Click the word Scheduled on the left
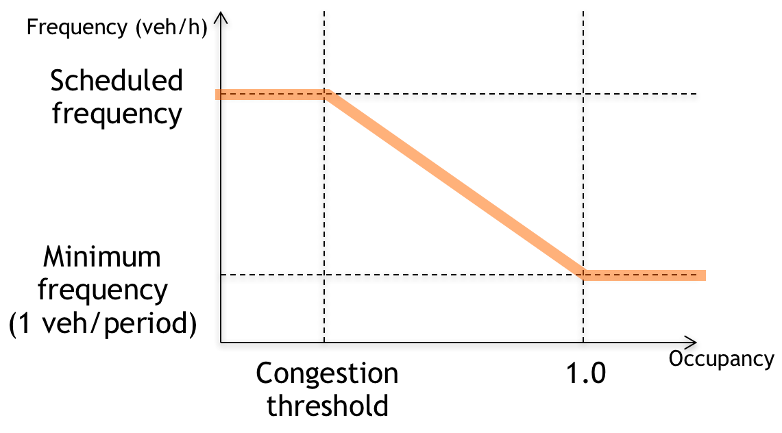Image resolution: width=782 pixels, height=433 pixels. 117,82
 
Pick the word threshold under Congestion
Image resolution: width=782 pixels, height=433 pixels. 327,406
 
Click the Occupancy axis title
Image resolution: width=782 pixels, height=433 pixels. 721,359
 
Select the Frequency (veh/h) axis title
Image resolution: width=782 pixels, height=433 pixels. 116,29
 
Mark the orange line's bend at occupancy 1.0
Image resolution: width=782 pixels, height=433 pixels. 583,275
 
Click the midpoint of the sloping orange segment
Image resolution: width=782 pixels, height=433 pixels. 455,185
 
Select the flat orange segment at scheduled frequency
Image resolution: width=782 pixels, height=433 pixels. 271,95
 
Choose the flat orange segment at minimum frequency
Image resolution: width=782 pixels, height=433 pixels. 644,275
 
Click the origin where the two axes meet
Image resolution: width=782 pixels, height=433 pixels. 220,341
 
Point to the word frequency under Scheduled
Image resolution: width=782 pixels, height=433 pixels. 117,113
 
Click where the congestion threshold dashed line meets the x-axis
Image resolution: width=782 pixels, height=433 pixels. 323,341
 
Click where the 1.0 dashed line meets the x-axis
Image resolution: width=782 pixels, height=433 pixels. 583,341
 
